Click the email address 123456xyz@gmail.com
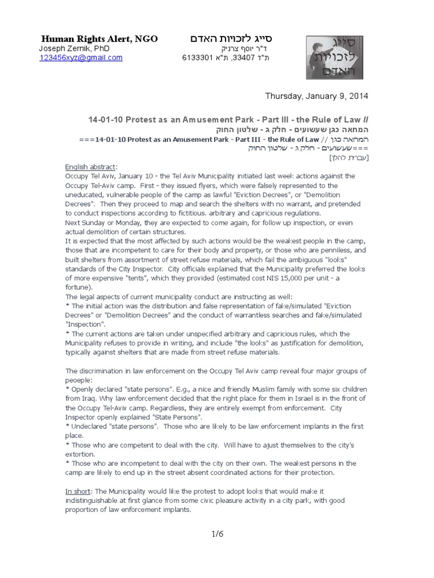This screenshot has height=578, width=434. (x=81, y=58)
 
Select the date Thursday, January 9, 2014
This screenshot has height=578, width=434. (x=316, y=96)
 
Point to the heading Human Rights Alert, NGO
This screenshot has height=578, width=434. (x=99, y=38)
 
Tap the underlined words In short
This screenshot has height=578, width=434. (x=78, y=492)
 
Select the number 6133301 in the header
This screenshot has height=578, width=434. (x=197, y=58)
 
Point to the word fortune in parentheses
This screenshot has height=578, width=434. (x=78, y=287)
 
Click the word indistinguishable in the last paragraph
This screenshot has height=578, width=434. (x=101, y=501)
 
